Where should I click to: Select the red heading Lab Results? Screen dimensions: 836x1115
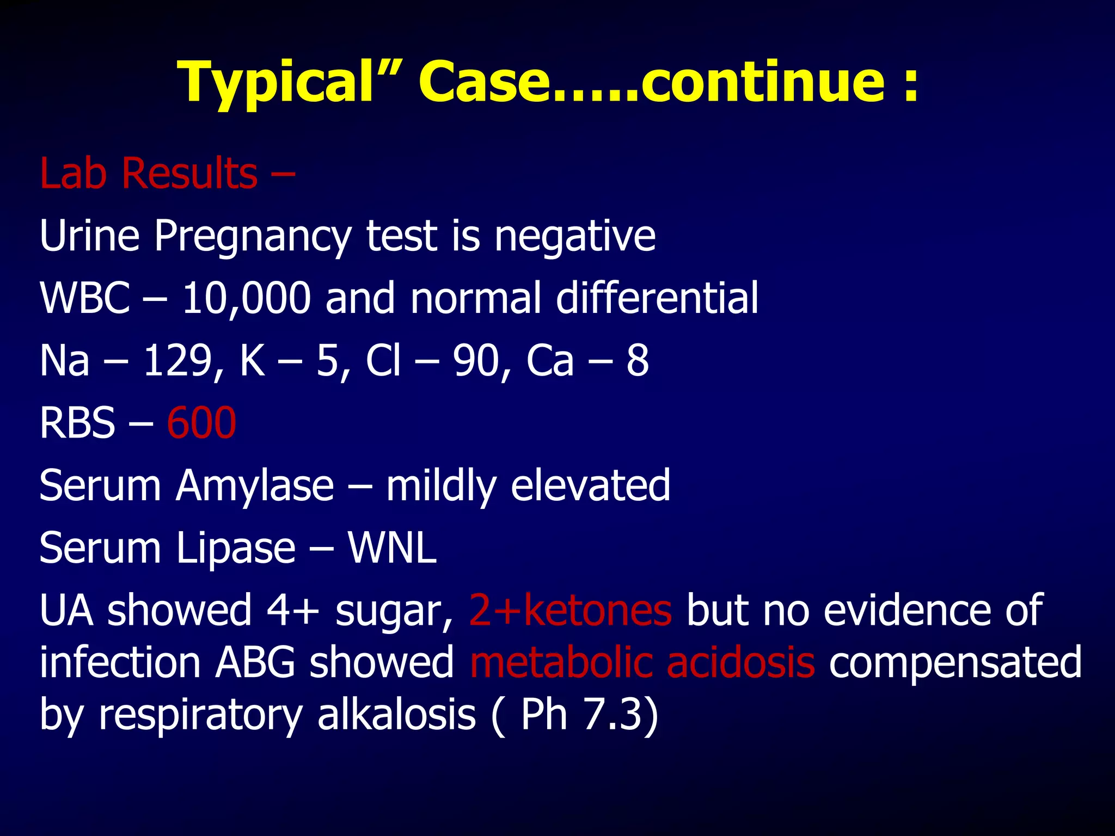coord(149,173)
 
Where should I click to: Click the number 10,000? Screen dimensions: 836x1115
coord(246,298)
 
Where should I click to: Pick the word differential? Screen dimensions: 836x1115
coord(657,298)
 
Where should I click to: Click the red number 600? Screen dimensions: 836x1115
coord(201,423)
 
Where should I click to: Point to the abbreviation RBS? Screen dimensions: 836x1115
coord(77,423)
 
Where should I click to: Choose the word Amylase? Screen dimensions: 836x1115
coord(254,485)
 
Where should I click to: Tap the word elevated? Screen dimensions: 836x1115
coord(590,485)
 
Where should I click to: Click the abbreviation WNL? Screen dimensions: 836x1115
coord(392,548)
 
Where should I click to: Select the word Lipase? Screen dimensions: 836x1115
coord(236,548)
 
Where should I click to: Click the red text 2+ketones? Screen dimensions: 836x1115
coord(570,610)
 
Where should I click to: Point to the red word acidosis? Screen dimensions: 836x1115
coord(740,662)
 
